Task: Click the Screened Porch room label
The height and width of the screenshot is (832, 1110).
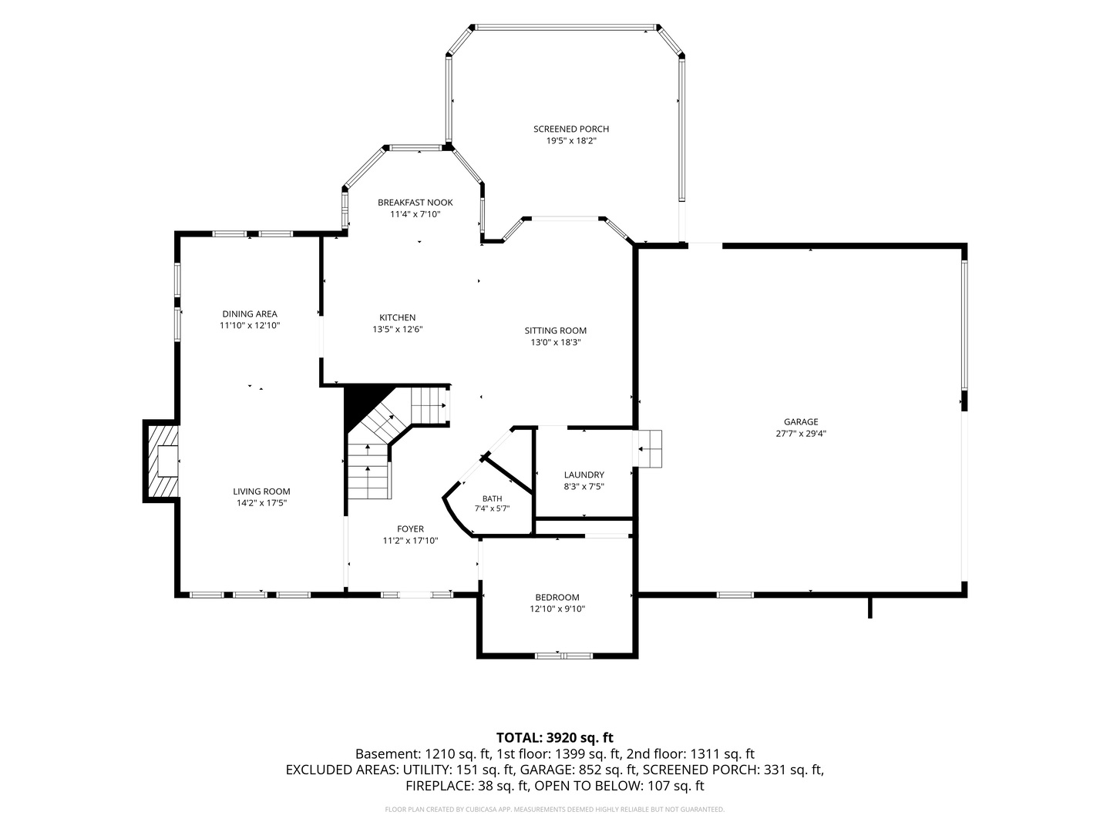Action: [x=571, y=129]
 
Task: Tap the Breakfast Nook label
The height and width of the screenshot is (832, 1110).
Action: [x=415, y=203]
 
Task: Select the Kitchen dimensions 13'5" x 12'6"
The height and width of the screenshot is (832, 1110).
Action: [x=398, y=330]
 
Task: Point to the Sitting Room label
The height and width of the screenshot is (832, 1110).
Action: [x=555, y=331]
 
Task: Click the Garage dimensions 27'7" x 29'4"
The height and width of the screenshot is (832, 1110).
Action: [x=801, y=434]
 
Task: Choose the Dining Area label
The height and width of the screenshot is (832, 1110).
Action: [x=250, y=314]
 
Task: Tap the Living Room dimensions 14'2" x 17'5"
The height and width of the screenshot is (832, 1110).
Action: [x=261, y=503]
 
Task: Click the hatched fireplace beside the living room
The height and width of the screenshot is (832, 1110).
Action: [x=162, y=461]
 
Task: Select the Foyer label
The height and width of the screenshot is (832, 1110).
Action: [x=410, y=529]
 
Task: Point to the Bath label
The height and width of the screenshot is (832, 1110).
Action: [x=492, y=498]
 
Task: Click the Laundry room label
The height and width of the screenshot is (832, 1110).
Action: [x=584, y=475]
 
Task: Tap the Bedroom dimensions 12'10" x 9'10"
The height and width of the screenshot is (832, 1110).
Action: [x=557, y=609]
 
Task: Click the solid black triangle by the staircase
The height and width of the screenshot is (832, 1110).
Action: [x=362, y=404]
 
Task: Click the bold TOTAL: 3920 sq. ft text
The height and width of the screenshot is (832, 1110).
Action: [x=555, y=738]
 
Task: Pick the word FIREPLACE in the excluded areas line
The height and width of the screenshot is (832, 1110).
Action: [x=439, y=786]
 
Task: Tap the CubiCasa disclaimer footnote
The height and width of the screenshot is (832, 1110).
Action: [x=555, y=810]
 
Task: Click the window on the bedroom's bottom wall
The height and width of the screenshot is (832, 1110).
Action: [x=563, y=656]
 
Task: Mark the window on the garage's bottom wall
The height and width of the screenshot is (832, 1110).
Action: [x=735, y=595]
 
